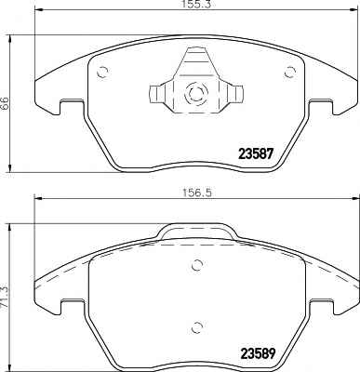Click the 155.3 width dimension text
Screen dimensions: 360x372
coord(197,4)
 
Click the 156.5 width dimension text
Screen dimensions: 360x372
coord(197,193)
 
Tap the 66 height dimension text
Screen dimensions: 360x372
coord(5,103)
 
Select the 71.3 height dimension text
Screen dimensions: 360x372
coord(5,297)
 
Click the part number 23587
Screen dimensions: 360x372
coord(256,153)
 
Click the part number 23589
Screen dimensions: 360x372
coord(257,353)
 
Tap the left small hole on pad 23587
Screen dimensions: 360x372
coord(102,73)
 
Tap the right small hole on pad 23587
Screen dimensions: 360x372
coord(290,73)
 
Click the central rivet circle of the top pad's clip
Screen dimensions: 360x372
coord(196,93)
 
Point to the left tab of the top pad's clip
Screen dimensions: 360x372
coord(157,94)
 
